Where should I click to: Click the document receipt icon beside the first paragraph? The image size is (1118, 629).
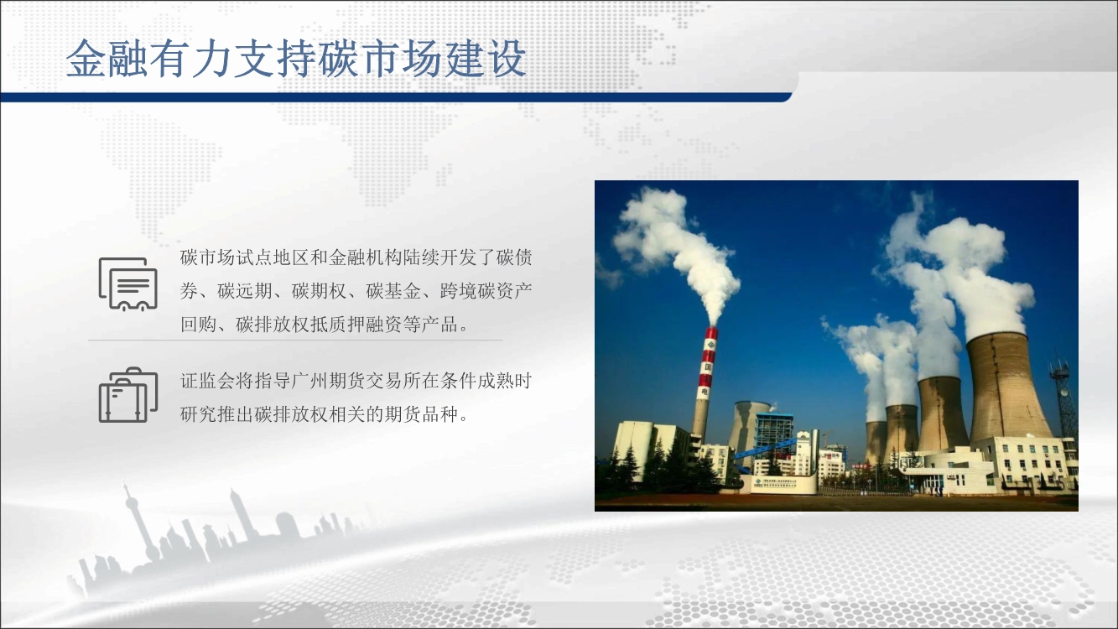click(x=128, y=284)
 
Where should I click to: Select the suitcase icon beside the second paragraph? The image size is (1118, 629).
click(x=128, y=395)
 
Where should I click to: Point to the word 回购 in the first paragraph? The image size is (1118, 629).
click(x=198, y=325)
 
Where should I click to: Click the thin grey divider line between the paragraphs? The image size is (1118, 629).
click(x=295, y=340)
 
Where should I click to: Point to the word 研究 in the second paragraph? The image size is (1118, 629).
click(x=198, y=415)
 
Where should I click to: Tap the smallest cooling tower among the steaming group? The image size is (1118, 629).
click(x=876, y=442)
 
